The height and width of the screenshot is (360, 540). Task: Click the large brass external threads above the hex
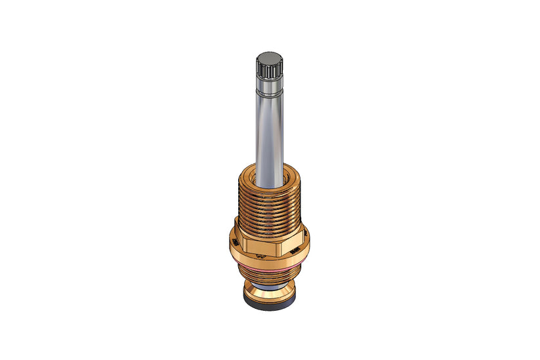[269, 210]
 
